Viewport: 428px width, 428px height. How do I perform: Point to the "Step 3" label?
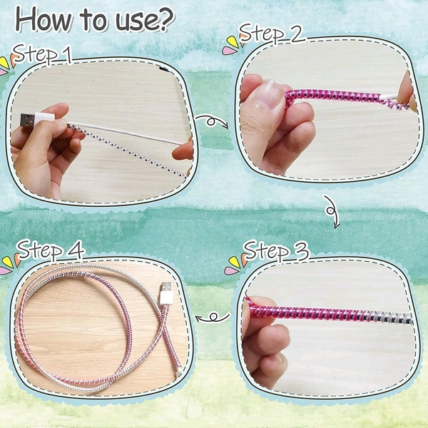(x=277, y=251)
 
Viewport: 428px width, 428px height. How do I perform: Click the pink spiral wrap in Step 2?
(x=335, y=98)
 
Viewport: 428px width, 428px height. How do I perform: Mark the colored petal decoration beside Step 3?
(x=233, y=267)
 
